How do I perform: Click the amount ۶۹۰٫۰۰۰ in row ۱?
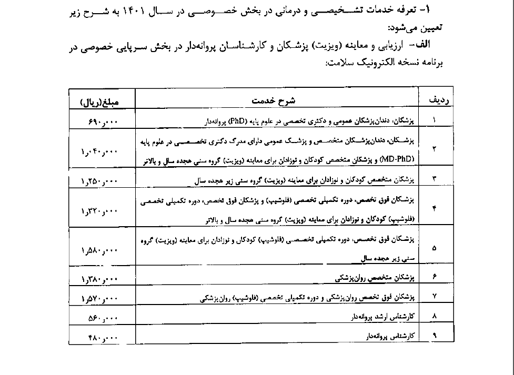103,121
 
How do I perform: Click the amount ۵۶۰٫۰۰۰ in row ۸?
103,318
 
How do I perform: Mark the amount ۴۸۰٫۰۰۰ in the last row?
103,336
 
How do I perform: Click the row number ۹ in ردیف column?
435,335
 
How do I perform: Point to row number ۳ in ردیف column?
435,179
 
